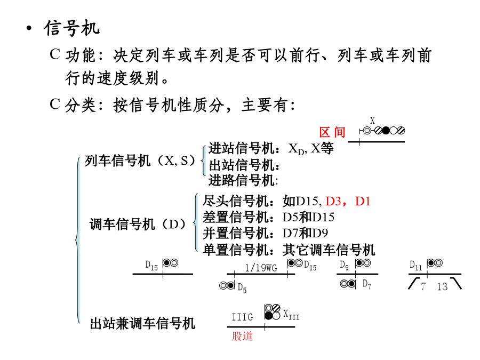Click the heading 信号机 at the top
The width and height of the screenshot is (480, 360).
(71, 28)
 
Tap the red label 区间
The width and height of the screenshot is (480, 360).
(332, 132)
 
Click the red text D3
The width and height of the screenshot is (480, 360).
(333, 201)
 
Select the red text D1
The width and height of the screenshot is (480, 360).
(363, 201)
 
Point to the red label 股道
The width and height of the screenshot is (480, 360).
(242, 336)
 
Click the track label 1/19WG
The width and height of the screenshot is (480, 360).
(261, 268)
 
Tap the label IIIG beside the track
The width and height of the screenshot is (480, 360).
(243, 317)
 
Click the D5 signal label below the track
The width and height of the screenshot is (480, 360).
(242, 287)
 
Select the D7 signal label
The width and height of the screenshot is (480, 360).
(367, 284)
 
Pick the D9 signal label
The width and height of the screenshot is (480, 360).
(344, 265)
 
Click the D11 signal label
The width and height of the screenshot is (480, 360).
(415, 265)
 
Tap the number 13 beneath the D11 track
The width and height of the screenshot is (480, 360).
(442, 286)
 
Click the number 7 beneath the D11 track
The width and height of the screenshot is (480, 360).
(423, 286)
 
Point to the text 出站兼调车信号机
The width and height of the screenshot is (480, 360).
(142, 324)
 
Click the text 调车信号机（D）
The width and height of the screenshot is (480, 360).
(138, 225)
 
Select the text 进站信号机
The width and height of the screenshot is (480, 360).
(241, 149)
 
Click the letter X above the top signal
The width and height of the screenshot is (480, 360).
(372, 121)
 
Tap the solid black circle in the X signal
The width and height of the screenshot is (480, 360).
(386, 131)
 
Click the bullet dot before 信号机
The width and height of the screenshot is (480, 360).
(29, 28)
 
